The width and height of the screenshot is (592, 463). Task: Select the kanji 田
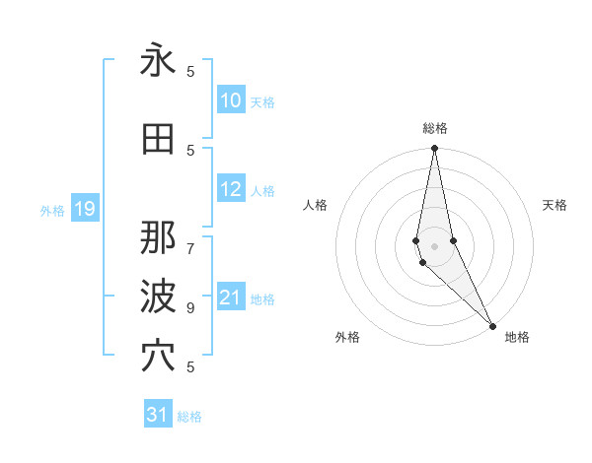click(x=158, y=140)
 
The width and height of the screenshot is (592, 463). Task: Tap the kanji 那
click(x=158, y=237)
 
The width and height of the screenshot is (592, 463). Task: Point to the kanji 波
click(x=158, y=297)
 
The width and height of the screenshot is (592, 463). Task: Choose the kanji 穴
click(x=158, y=356)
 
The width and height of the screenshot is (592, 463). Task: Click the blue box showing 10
click(x=231, y=100)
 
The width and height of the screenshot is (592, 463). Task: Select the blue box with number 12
click(x=231, y=190)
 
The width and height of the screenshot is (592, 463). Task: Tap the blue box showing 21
click(x=231, y=298)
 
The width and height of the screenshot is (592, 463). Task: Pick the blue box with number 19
click(x=84, y=209)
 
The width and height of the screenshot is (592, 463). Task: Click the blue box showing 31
click(x=158, y=415)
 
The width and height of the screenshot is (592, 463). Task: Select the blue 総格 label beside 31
click(x=189, y=417)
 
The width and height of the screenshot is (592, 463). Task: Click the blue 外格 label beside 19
click(x=52, y=210)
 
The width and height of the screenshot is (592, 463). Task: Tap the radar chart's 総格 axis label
click(x=435, y=128)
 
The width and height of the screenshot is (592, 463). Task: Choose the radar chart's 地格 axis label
click(x=517, y=337)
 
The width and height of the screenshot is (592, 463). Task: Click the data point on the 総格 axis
click(x=435, y=149)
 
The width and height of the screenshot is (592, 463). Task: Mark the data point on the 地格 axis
click(x=492, y=324)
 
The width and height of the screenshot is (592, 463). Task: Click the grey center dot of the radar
click(x=435, y=245)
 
